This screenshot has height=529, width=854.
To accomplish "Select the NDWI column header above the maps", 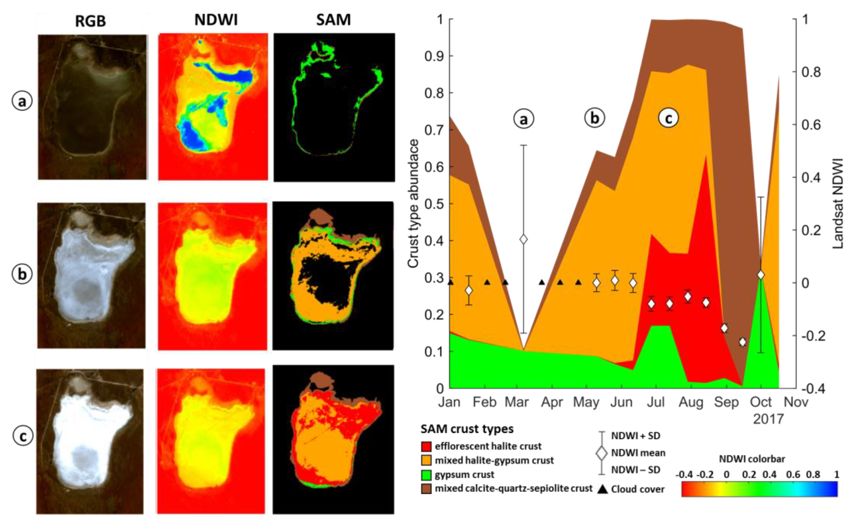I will tap(216, 20).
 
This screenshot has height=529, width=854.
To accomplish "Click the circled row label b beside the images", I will tap(22, 274).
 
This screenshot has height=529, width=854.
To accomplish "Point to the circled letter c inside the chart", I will tap(668, 118).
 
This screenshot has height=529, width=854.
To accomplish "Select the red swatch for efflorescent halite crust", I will tap(426, 447).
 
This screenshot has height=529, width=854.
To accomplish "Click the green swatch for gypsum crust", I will tap(426, 475).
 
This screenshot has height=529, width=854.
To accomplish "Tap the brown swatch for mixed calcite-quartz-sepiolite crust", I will tap(426, 488).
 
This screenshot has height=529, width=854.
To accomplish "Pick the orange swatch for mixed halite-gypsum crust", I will tap(426, 460).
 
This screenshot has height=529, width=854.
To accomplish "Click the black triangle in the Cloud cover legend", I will tap(603, 489).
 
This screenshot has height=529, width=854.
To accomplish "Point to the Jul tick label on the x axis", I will tap(655, 402).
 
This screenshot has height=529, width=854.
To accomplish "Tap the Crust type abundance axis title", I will tap(413, 204).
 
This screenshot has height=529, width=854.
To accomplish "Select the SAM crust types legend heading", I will tap(467, 429).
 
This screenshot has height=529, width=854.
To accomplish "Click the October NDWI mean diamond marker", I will tap(761, 275).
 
